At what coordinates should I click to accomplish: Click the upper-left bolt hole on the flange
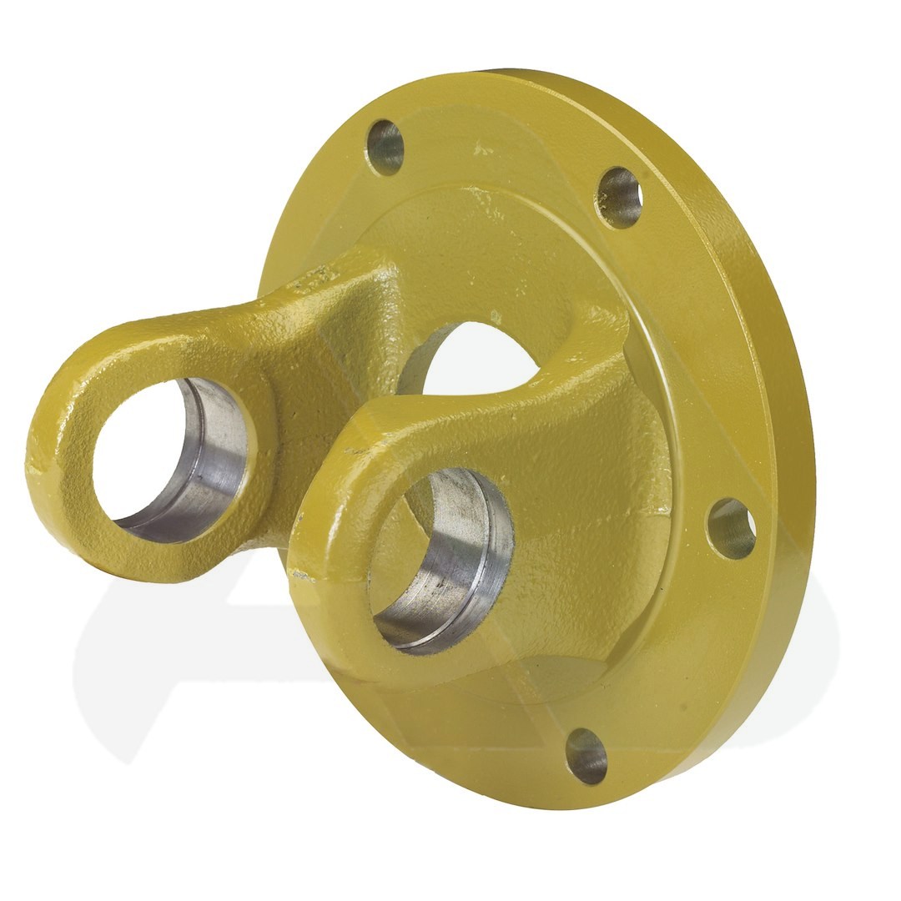click(385, 148)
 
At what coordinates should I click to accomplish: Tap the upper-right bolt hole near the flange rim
click(620, 198)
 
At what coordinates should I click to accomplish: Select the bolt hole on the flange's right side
click(732, 529)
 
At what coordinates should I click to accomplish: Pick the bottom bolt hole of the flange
click(586, 756)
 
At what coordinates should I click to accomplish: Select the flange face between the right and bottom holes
click(684, 659)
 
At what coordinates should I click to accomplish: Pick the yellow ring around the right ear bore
click(334, 517)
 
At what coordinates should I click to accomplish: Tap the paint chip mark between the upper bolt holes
click(482, 151)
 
